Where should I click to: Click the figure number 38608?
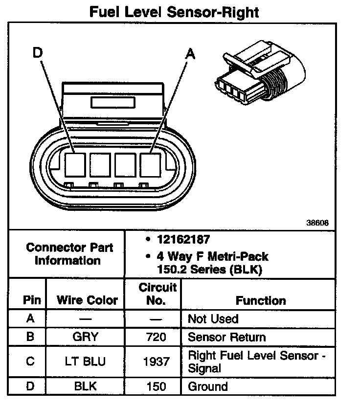tap(318, 223)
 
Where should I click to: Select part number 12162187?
tap(183, 240)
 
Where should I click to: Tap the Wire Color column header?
tap(87, 300)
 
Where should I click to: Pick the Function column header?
tap(261, 300)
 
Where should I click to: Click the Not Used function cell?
tap(213, 319)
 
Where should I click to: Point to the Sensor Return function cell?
tap(227, 337)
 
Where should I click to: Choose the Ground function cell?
tap(208, 386)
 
